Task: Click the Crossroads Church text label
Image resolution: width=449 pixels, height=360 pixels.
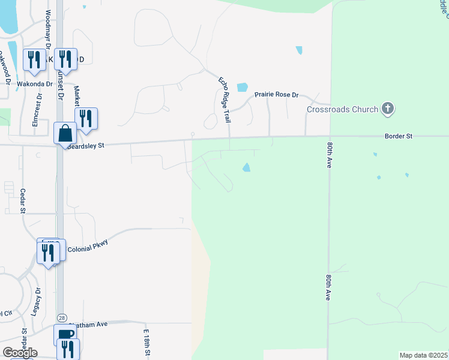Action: point(342,109)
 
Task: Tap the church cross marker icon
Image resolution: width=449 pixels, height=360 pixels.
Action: point(388,109)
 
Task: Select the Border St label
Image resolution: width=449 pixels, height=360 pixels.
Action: point(399,136)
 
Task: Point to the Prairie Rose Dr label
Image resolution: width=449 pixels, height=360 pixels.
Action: point(276,95)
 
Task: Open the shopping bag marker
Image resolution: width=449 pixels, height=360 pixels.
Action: point(65,133)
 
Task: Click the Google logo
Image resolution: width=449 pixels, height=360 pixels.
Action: point(20,353)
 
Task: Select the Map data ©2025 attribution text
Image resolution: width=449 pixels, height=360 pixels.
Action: point(423,355)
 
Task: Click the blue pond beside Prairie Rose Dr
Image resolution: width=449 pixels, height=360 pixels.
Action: point(242,87)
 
